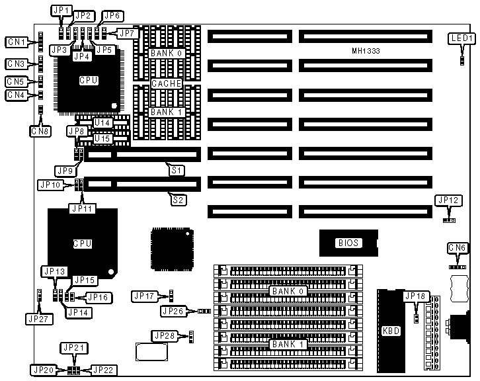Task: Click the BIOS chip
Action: pos(348,243)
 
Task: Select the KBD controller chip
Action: pos(391,331)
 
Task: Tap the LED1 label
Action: pos(461,38)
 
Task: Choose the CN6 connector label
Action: pos(458,248)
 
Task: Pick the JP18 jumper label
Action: pos(416,296)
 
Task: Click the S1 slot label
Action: pos(177,170)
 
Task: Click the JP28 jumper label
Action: pos(164,336)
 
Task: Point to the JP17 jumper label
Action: pos(143,296)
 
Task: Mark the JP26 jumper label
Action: pos(175,310)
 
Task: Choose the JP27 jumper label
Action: pos(40,318)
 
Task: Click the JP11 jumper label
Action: pos(82,208)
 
